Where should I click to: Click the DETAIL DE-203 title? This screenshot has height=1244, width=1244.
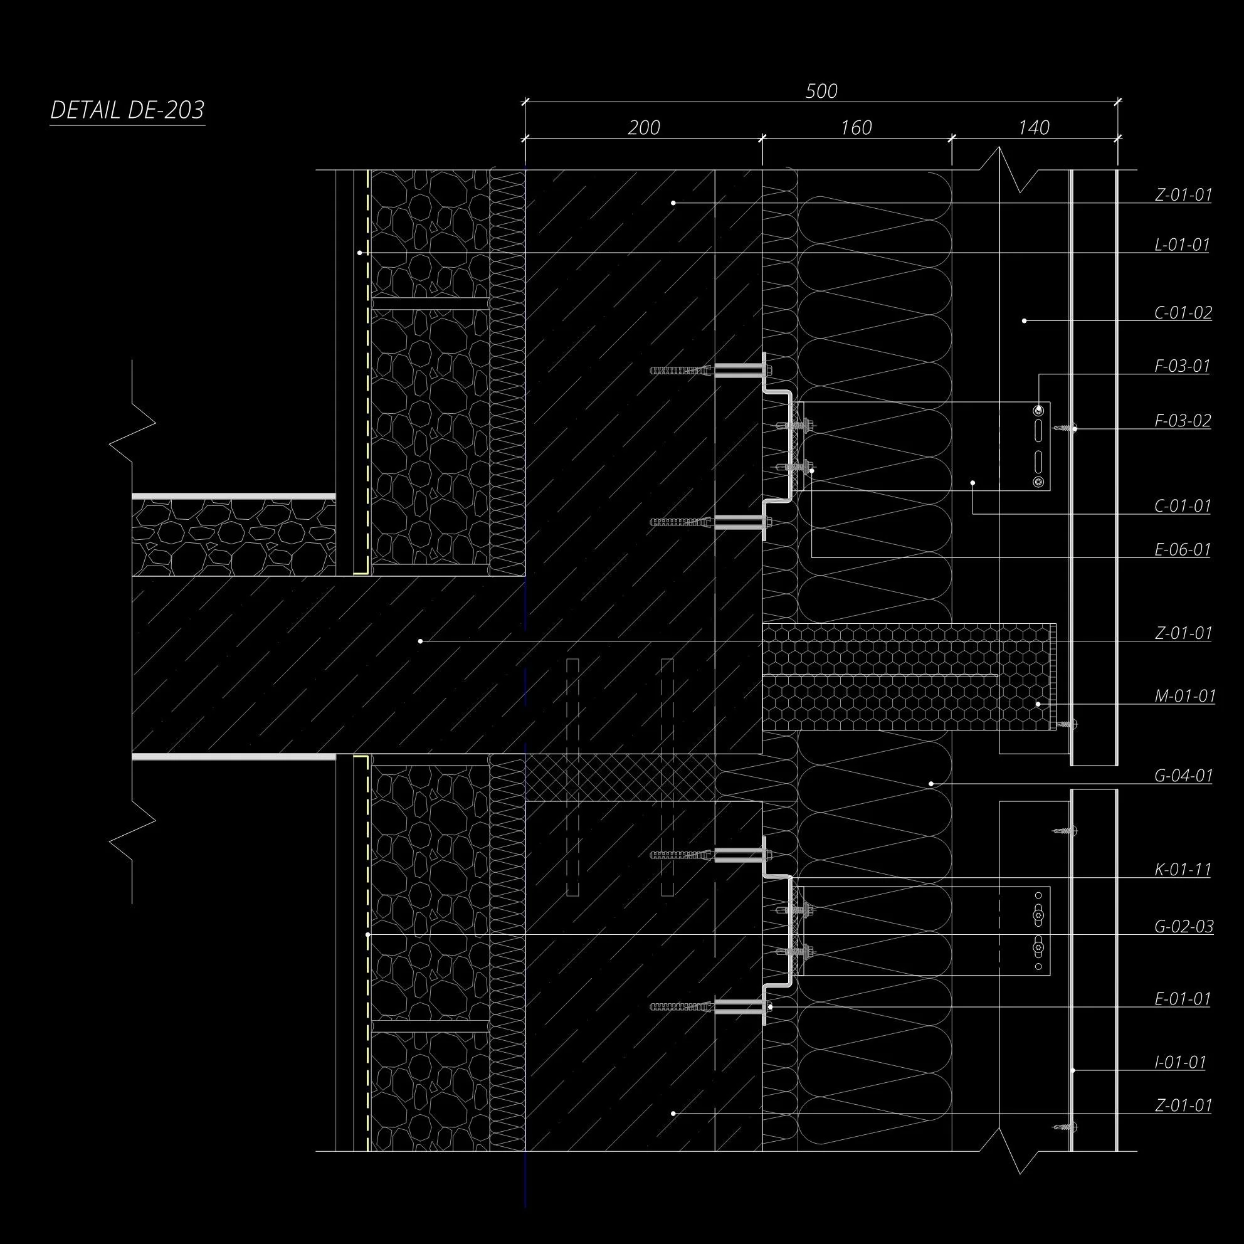pos(127,111)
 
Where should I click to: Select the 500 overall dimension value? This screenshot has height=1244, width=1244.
pos(821,92)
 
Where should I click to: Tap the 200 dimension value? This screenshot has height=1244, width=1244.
pos(643,128)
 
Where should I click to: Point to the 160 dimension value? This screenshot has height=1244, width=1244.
pos(856,128)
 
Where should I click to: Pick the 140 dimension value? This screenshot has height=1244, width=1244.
pos(1033,128)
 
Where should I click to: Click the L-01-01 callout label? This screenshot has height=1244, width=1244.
pos(1181,245)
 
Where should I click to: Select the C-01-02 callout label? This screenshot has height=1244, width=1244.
pos(1183,313)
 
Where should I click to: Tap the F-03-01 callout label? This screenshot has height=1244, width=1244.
pos(1181,366)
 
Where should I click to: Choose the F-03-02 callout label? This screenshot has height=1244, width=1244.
pos(1182,421)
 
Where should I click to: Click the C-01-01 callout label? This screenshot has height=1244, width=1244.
pos(1182,506)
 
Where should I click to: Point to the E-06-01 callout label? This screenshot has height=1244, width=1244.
pos(1181,550)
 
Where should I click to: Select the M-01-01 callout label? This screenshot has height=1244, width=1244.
pos(1185,696)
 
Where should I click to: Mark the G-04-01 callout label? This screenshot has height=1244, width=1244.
pos(1183,776)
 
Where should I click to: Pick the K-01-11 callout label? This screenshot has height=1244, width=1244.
pos(1182,870)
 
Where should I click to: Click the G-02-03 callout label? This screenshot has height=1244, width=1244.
pos(1183,927)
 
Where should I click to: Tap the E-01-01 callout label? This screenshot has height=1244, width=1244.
pos(1181,999)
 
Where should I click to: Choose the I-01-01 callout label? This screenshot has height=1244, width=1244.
pos(1179,1062)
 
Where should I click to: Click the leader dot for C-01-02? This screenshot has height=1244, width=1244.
pos(1025,320)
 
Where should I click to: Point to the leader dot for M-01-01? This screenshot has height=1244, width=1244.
pos(1038,704)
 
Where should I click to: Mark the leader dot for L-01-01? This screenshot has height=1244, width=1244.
pos(360,253)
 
